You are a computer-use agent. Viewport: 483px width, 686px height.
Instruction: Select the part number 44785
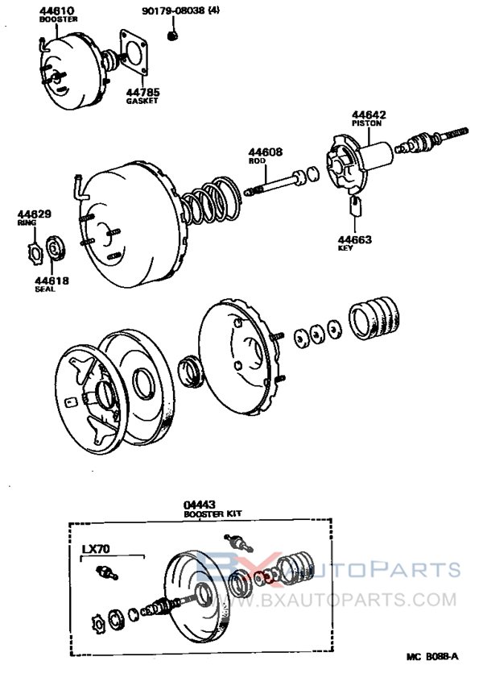click(x=142, y=92)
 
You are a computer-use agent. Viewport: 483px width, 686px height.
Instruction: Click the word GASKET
click(x=142, y=102)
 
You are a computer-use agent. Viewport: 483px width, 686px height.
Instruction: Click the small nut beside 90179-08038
click(x=171, y=35)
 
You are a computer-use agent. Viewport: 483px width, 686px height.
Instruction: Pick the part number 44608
click(x=262, y=152)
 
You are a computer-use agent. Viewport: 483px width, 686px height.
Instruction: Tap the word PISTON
click(x=366, y=124)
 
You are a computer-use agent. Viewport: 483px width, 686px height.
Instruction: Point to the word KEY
click(x=345, y=249)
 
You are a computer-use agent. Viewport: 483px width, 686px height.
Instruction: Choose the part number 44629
click(x=35, y=214)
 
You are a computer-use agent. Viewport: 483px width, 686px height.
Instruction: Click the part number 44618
click(x=52, y=281)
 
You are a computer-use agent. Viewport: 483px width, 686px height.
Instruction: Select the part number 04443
click(x=200, y=505)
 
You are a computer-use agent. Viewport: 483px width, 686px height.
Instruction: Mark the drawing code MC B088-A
click(x=431, y=656)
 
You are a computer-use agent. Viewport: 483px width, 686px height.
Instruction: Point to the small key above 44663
click(x=356, y=207)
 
